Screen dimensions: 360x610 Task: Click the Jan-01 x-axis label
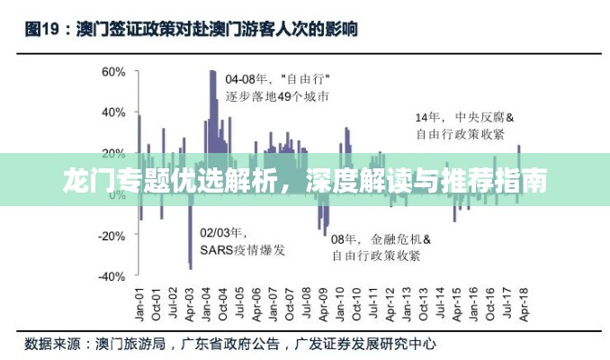click(x=139, y=306)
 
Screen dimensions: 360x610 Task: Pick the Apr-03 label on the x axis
click(x=189, y=306)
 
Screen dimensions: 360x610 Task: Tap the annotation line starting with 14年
click(x=463, y=117)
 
